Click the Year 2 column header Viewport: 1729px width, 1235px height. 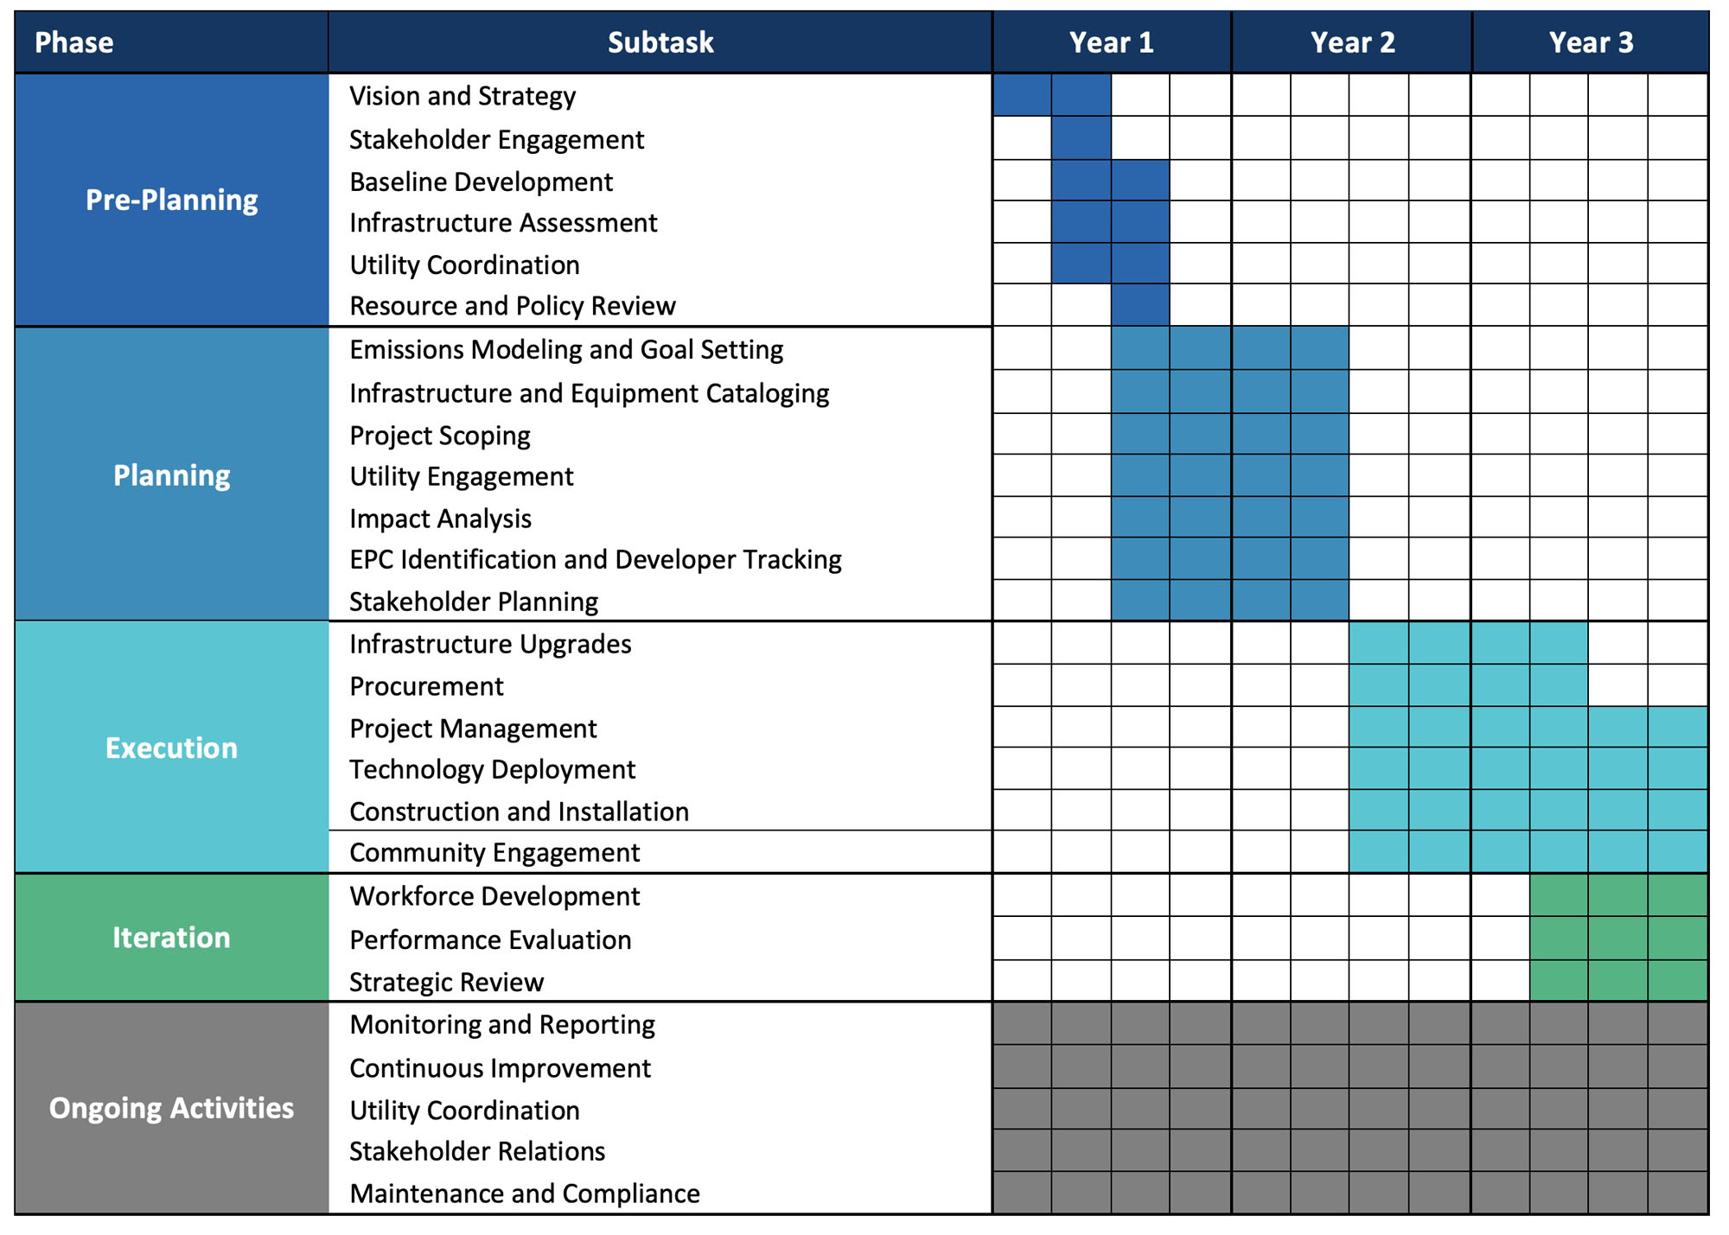pos(1351,42)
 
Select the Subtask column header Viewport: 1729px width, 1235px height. pos(660,42)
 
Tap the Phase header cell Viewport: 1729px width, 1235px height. pos(74,42)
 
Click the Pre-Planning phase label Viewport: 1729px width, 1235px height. pos(171,200)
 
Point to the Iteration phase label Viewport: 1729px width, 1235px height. pos(171,938)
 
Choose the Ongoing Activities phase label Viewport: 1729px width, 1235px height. pos(171,1108)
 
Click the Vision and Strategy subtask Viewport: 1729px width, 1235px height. pos(463,96)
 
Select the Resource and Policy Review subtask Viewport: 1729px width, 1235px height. pos(512,306)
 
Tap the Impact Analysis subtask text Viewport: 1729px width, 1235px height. pos(440,519)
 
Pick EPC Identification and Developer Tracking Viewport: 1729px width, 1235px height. pos(595,560)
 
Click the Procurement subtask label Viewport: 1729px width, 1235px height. pos(426,686)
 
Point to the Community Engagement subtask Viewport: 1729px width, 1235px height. pos(494,853)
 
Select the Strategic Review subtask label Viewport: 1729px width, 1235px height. pos(446,983)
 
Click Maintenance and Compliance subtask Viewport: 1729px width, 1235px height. pos(525,1194)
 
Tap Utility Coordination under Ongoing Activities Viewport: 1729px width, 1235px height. pos(464,1111)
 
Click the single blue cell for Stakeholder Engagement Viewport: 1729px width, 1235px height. pos(1081,138)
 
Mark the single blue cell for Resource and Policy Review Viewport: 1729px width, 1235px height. pos(1140,306)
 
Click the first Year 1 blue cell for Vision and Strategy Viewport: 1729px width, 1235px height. pos(1022,95)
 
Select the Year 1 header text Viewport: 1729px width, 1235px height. pos(1111,42)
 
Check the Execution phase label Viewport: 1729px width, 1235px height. pos(171,748)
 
